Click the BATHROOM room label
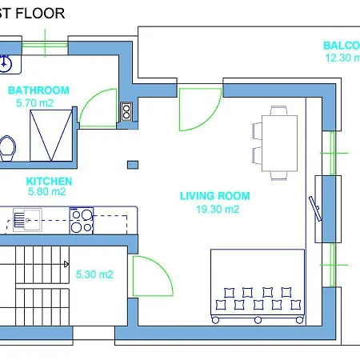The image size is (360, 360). coord(38,90)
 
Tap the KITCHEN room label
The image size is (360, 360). coord(49,182)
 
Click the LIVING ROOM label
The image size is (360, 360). coord(214,196)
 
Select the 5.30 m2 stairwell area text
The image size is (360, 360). coord(94,274)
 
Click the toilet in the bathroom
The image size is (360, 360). coord(7,148)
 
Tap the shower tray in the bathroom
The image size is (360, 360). coord(51,134)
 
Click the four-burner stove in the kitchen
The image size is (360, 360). coord(82,219)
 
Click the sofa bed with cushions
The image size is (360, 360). coord(258,284)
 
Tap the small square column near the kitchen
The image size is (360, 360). coord(131,165)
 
